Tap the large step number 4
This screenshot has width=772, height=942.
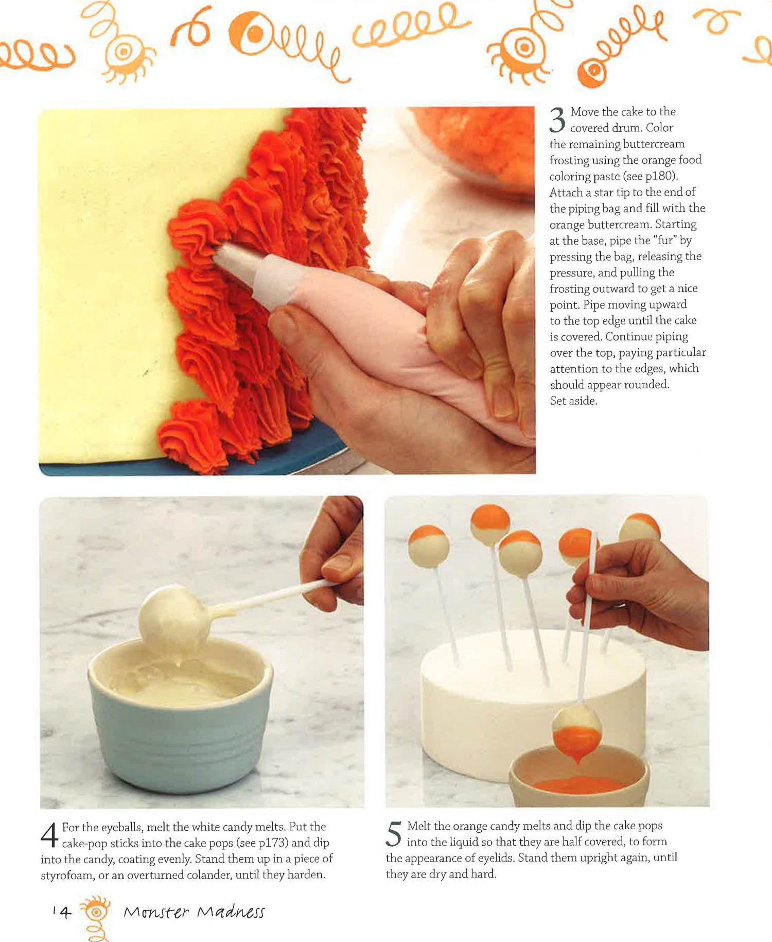point(49,835)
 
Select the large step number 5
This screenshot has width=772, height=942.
point(394,834)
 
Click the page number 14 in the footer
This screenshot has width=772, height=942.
point(62,912)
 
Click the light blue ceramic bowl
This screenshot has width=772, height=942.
point(180,713)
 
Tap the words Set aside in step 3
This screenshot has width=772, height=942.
point(573,401)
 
